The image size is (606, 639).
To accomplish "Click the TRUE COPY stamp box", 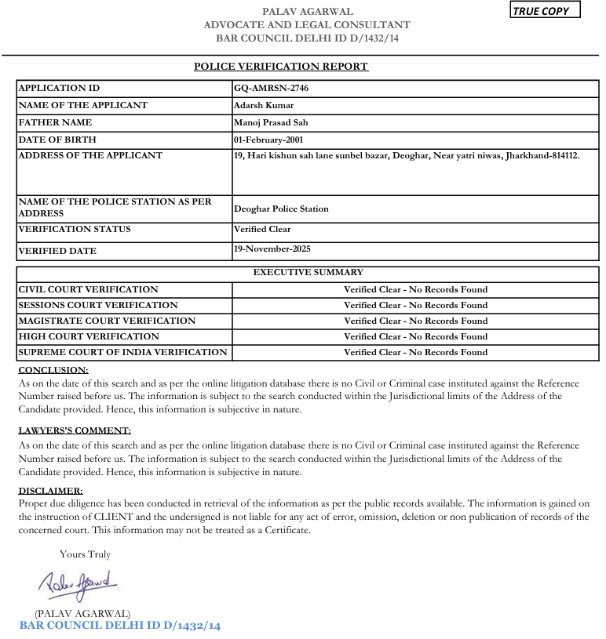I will coord(546,11).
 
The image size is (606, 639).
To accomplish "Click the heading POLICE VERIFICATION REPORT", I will coord(281,67).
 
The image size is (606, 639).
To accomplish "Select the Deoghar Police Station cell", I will coord(281,209).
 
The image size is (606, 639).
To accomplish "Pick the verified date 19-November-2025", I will coord(272,249).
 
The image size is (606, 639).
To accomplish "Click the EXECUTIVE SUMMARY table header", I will coord(308,273).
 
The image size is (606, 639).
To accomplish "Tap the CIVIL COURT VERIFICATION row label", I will coord(88,290).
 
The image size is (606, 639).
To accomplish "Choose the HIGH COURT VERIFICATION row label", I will coord(88,337).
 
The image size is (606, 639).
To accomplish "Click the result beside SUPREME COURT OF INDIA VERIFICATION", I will coord(415,353).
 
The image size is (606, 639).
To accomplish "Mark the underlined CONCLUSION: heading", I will coord(53,369).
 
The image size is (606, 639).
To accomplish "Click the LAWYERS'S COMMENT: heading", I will coord(75,430).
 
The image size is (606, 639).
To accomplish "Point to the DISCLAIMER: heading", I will coord(50,491).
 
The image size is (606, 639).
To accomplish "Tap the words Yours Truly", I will coord(85,554).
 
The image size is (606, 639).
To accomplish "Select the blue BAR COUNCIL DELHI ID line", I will coord(120,626).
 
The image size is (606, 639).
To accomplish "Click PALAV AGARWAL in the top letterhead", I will coord(307,12).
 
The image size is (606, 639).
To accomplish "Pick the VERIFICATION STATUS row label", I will coord(75,230).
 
